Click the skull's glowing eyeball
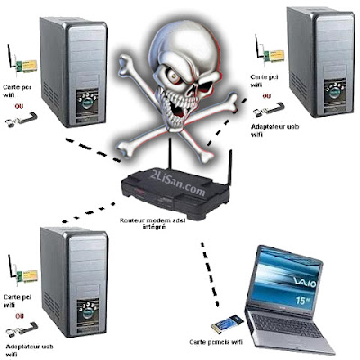coord(175,76)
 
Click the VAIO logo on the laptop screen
coord(305,283)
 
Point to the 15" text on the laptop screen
coord(302,301)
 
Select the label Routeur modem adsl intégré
coord(153,223)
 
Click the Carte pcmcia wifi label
coord(216,342)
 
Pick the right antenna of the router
coord(230,168)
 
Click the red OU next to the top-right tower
coord(266,96)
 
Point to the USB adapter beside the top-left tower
coord(22,120)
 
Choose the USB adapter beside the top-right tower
coord(268,110)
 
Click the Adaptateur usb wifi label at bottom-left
coord(30,351)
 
